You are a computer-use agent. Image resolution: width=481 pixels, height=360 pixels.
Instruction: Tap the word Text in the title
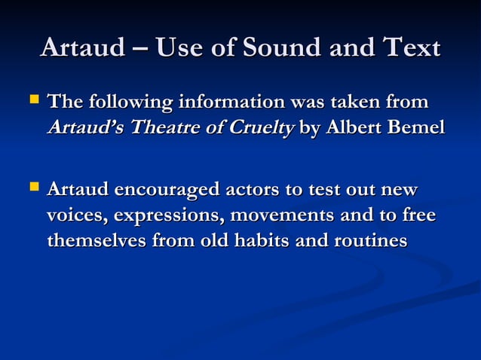click(x=410, y=47)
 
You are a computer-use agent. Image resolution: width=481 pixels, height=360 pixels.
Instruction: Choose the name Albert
click(x=355, y=128)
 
